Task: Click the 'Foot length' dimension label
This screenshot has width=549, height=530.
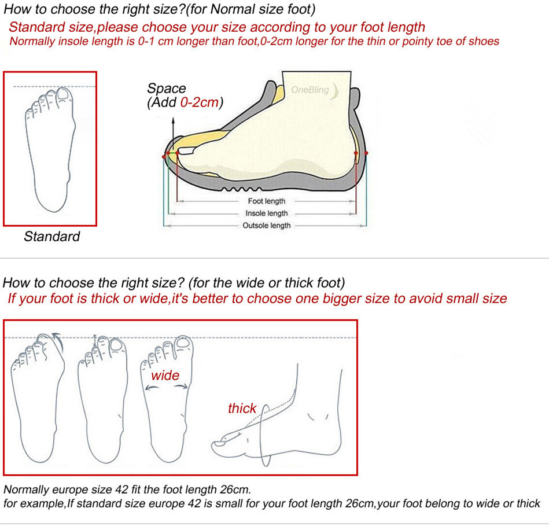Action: pyautogui.click(x=267, y=201)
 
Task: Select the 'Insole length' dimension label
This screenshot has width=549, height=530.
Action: pyautogui.click(x=267, y=214)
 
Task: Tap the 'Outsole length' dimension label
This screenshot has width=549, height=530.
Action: pyautogui.click(x=267, y=226)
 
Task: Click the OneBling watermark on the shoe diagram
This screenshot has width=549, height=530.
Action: pyautogui.click(x=310, y=90)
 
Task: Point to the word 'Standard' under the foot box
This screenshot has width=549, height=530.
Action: pyautogui.click(x=52, y=237)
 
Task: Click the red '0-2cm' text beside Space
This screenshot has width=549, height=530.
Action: pyautogui.click(x=200, y=102)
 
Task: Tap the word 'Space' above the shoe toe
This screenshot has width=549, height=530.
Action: pyautogui.click(x=166, y=89)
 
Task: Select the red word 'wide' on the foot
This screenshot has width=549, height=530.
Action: pyautogui.click(x=165, y=376)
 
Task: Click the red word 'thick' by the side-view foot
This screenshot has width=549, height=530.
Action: pyautogui.click(x=242, y=408)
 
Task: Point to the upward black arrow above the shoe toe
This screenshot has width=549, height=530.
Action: pyautogui.click(x=173, y=134)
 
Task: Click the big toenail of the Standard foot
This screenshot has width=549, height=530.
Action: pyautogui.click(x=64, y=94)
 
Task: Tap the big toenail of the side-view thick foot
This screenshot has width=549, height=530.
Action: pyautogui.click(x=219, y=444)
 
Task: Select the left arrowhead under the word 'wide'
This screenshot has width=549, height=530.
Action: pyautogui.click(x=149, y=388)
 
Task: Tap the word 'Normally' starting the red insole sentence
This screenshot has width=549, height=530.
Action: pyautogui.click(x=32, y=41)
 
